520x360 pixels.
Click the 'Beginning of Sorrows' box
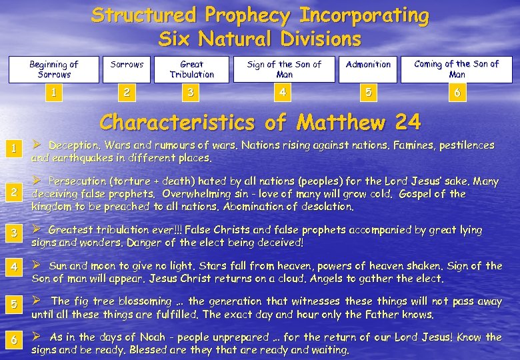(53, 69)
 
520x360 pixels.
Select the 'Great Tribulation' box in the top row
(192, 69)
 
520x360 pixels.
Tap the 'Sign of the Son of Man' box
(284, 69)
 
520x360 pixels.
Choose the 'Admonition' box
(368, 65)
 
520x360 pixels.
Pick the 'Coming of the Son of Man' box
(457, 69)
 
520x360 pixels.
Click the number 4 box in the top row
(284, 92)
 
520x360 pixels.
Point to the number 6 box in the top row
(457, 92)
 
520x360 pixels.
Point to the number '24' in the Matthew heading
(407, 123)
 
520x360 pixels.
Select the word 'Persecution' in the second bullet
(79, 181)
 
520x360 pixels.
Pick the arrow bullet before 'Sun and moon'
(37, 265)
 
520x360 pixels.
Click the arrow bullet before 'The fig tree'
(37, 301)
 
